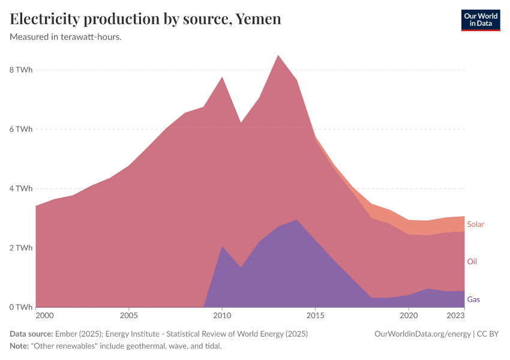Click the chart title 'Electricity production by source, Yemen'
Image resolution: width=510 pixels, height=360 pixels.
[x=146, y=19]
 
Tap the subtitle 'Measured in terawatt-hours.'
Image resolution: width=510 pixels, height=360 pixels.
[x=66, y=37]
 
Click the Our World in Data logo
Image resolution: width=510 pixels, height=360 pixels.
[x=480, y=20]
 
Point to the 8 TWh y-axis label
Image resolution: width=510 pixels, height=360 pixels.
[x=20, y=70]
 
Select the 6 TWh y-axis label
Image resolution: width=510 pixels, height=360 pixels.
[x=20, y=130]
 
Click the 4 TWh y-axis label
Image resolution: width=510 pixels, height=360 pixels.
[x=20, y=189]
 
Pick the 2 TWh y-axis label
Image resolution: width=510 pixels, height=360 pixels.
[x=20, y=248]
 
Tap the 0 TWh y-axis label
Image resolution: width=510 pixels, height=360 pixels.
[x=20, y=308]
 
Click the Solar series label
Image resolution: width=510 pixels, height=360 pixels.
[x=475, y=224]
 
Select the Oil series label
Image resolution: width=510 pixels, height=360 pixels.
[x=472, y=262]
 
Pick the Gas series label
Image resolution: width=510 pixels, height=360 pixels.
[x=473, y=299]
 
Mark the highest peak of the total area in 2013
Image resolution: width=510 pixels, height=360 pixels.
[x=278, y=55]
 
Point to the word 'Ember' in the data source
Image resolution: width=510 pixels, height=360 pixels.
[x=64, y=334]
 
